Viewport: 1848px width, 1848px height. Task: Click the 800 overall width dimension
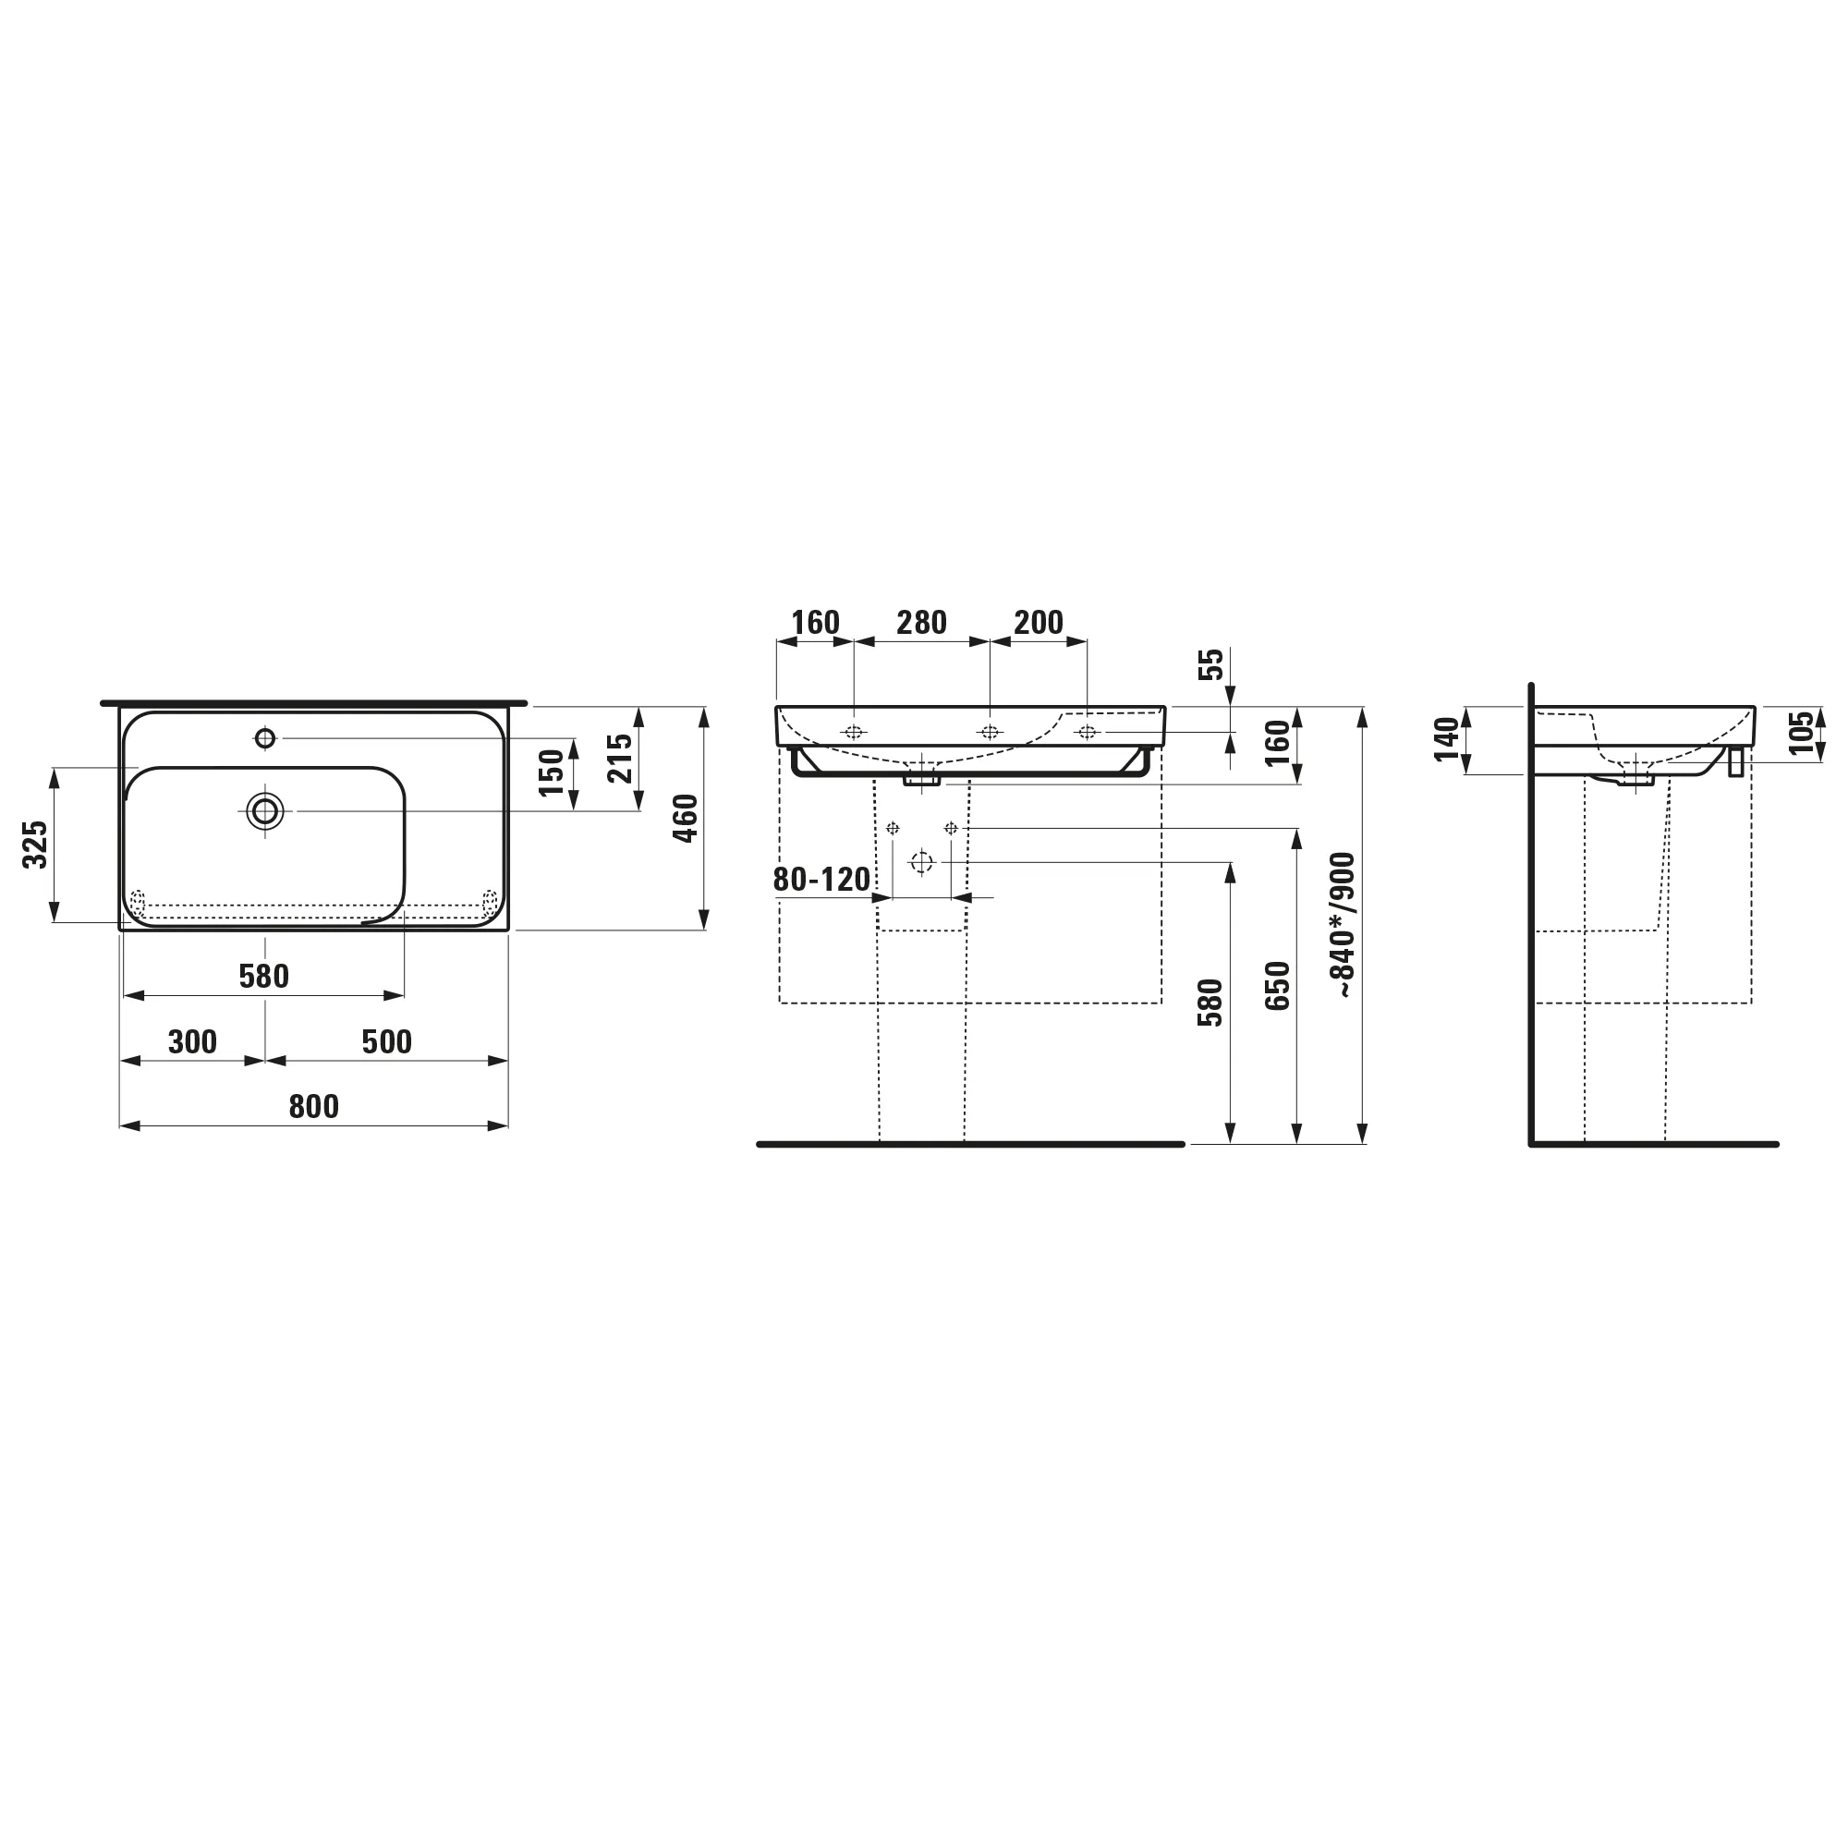coord(314,1107)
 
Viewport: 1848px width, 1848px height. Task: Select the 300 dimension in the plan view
coord(192,1041)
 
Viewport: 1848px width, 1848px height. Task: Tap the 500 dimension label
coord(386,1041)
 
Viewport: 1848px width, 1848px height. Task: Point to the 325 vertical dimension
coord(35,844)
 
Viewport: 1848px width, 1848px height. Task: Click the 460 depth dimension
coord(686,818)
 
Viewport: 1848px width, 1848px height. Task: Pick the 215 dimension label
coord(620,758)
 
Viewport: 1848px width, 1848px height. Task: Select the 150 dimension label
coord(552,772)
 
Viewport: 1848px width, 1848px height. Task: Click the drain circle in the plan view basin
coord(265,811)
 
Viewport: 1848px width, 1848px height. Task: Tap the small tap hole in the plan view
coord(265,738)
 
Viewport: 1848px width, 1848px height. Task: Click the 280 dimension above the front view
coord(921,623)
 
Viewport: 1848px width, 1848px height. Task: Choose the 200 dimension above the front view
coord(1038,623)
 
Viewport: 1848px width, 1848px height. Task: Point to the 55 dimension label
coord(1211,663)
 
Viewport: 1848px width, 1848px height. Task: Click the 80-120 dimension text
coord(821,879)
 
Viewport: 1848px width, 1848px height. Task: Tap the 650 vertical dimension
coord(1277,986)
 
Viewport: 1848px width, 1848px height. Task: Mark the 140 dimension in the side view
coord(1447,739)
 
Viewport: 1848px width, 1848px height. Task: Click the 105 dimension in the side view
coord(1801,733)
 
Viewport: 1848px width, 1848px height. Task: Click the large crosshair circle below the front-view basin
coord(921,862)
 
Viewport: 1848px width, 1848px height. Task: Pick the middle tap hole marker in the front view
coord(990,733)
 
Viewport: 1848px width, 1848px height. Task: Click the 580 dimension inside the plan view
coord(263,977)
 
